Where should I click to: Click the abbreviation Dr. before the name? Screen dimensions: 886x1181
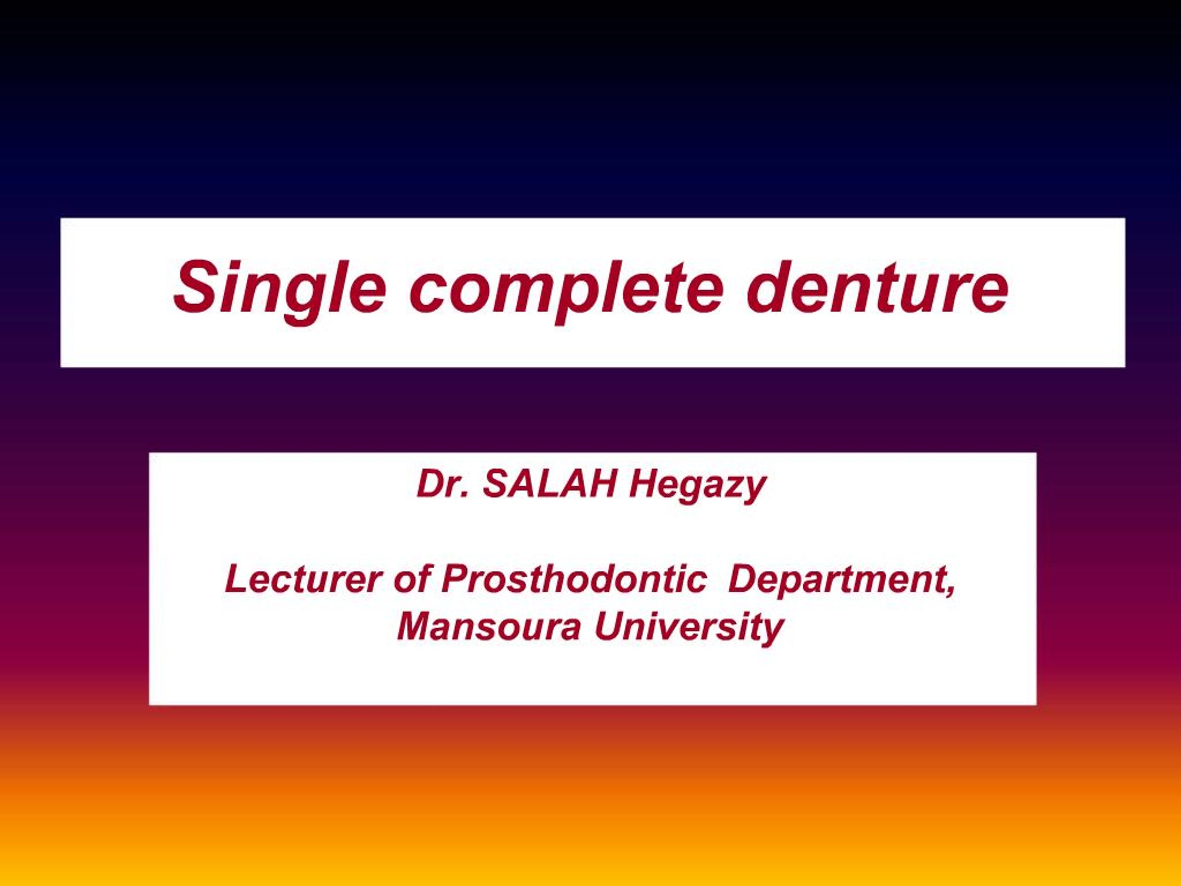(441, 484)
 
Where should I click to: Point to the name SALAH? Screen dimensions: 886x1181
(549, 484)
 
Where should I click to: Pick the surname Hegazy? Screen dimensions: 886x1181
(697, 486)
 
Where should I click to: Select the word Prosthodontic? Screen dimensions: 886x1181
(574, 579)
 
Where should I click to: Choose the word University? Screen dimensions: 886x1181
(689, 627)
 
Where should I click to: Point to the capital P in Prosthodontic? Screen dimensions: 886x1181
(454, 579)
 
